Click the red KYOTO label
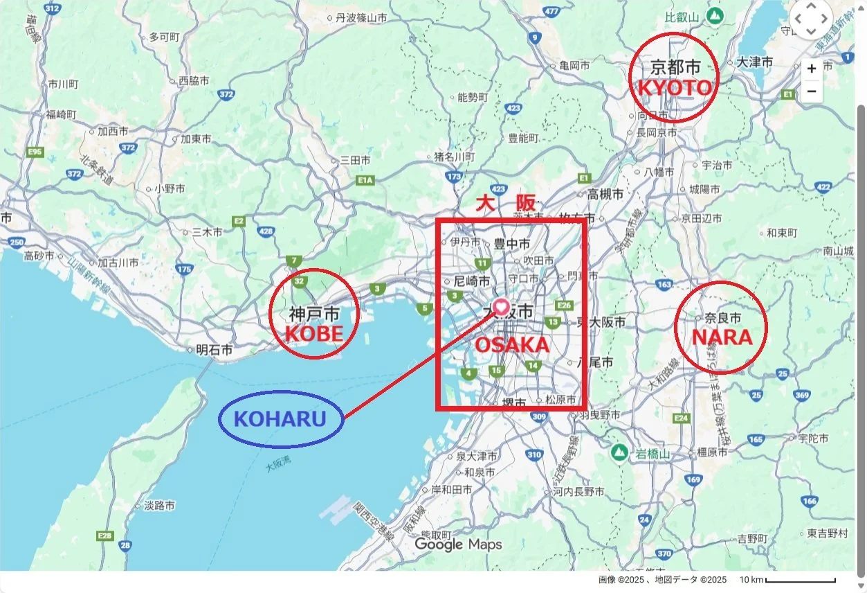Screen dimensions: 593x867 click(x=674, y=88)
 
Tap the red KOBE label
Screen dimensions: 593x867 click(x=314, y=334)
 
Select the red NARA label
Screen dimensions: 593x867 click(x=722, y=337)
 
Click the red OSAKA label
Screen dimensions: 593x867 click(x=512, y=344)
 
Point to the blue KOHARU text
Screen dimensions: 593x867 click(x=280, y=418)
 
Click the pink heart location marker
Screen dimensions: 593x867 click(x=502, y=306)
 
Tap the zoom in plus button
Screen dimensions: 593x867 click(x=812, y=69)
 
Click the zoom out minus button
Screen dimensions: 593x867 click(x=812, y=91)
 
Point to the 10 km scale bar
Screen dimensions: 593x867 click(x=800, y=581)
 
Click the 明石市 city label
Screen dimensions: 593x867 click(x=214, y=351)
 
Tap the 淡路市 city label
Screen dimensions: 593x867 click(x=159, y=506)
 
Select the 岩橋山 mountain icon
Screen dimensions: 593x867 click(x=619, y=453)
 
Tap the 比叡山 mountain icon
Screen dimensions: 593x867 click(x=715, y=15)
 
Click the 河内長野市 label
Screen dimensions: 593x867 click(x=578, y=491)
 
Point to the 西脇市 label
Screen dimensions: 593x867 click(x=194, y=81)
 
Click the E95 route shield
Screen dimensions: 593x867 click(x=35, y=152)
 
